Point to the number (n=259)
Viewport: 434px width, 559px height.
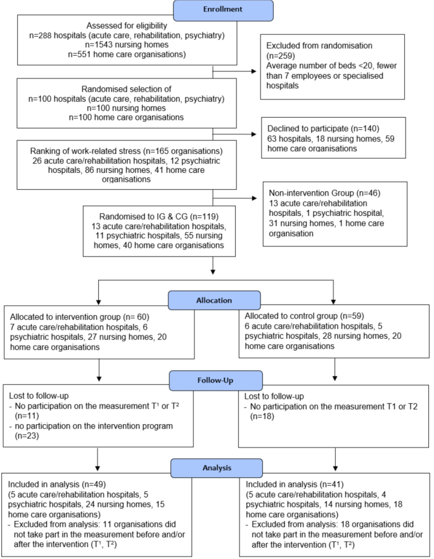(281, 56)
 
